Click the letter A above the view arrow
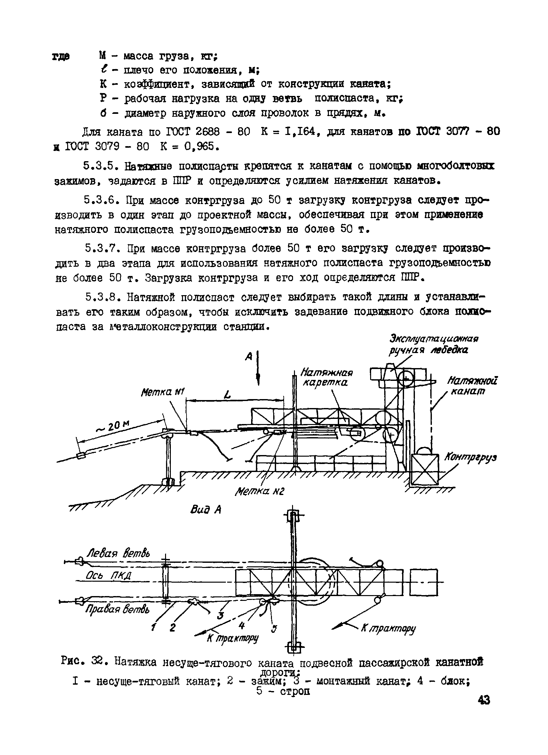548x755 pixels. [249, 357]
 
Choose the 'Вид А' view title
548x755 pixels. [206, 510]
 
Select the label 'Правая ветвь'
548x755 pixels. [117, 609]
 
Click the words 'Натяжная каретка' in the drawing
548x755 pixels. [326, 377]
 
